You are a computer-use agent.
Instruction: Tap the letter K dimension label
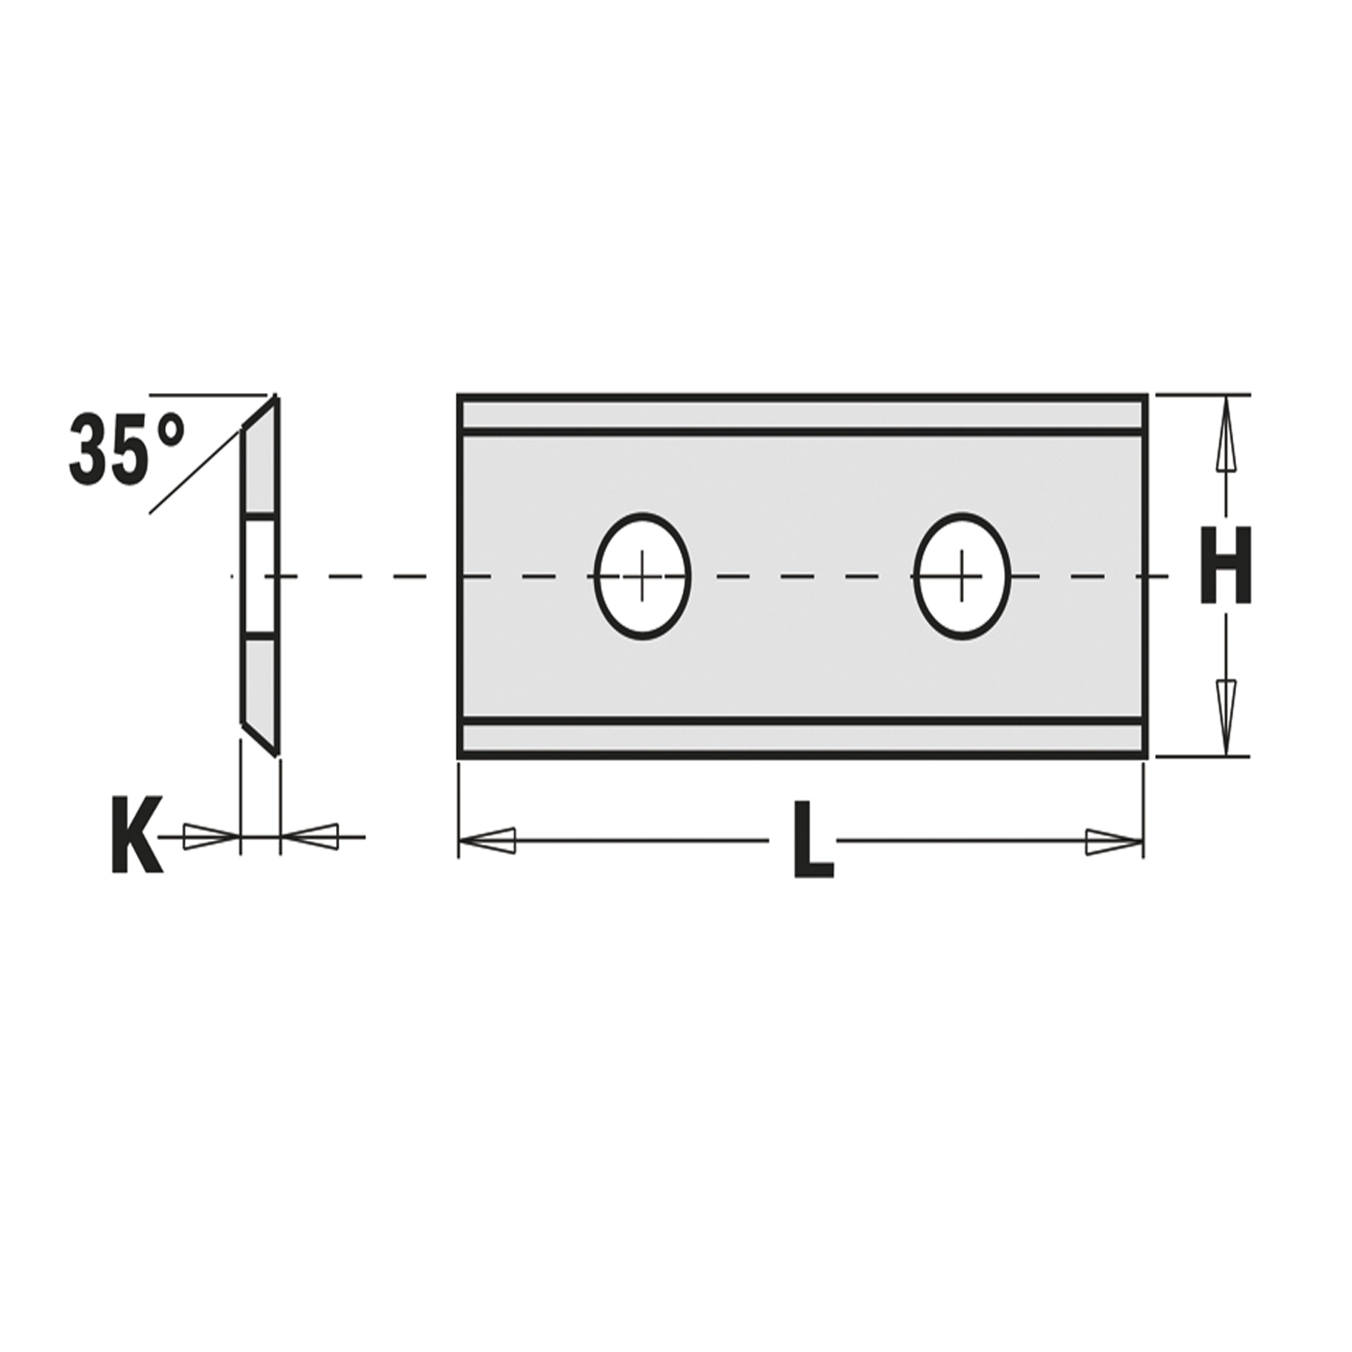(135, 835)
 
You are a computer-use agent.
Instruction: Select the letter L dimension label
(812, 841)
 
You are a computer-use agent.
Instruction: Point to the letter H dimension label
(1225, 565)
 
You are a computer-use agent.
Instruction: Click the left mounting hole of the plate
(642, 577)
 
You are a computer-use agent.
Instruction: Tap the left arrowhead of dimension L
(488, 841)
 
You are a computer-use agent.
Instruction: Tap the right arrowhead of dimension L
(1113, 841)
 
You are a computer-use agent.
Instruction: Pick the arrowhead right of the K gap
(311, 837)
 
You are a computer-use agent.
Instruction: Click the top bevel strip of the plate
(802, 414)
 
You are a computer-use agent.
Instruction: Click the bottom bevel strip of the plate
(802, 739)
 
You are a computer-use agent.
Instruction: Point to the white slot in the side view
(259, 577)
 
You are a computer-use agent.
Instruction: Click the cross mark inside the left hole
(642, 577)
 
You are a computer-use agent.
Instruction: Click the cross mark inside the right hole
(962, 576)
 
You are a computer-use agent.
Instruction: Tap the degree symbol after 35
(167, 431)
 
